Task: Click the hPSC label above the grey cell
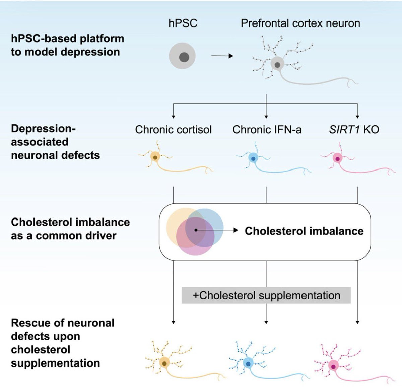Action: [183, 23]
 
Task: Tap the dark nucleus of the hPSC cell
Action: [184, 57]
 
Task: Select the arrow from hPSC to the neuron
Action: [222, 56]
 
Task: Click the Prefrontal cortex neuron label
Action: [300, 23]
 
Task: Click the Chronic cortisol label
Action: [173, 130]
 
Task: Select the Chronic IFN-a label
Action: [267, 130]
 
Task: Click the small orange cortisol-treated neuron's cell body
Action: [155, 157]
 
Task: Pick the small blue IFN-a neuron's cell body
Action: [253, 158]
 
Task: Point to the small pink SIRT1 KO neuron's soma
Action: [337, 159]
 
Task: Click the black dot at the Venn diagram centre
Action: [196, 230]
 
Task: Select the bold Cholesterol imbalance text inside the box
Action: [304, 231]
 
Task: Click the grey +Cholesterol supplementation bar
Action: [266, 295]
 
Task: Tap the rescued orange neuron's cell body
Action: [164, 363]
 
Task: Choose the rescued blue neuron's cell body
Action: [248, 363]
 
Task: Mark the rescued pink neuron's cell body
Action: [333, 366]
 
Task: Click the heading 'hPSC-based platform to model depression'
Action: [67, 45]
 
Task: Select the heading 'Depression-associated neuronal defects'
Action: [55, 142]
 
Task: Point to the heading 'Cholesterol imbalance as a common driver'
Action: [70, 229]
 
